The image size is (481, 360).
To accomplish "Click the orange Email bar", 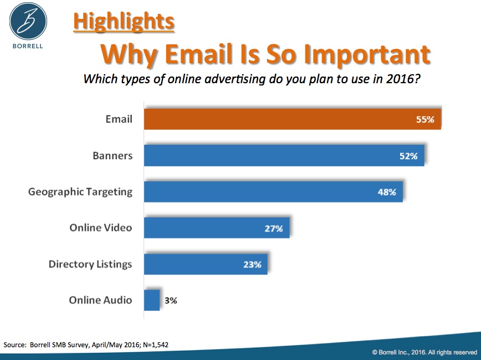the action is (293, 119).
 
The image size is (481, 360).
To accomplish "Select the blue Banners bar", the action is (284, 155).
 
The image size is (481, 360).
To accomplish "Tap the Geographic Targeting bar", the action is (273, 192).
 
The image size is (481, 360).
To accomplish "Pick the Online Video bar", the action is (217, 227).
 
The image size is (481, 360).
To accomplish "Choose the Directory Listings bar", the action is (206, 264).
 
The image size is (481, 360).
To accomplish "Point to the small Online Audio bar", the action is (152, 300).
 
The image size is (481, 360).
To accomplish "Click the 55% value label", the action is (425, 119).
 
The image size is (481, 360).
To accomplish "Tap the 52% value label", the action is (408, 156).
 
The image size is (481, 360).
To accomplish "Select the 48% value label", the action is (387, 192).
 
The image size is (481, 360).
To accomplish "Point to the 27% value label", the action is (274, 229).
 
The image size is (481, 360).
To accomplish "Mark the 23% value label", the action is (252, 265).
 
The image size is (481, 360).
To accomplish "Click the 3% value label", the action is (171, 301).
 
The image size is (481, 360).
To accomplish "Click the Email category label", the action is (119, 119).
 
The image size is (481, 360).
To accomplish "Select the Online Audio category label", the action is (101, 300).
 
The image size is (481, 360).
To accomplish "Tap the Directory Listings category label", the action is (90, 264).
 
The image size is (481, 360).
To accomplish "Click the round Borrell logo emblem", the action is (28, 21).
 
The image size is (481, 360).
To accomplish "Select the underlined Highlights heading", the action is (124, 22).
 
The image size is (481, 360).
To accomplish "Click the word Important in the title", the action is (367, 55).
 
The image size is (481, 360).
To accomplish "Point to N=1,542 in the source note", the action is (156, 345).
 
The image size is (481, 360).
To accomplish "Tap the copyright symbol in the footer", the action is (375, 352).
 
